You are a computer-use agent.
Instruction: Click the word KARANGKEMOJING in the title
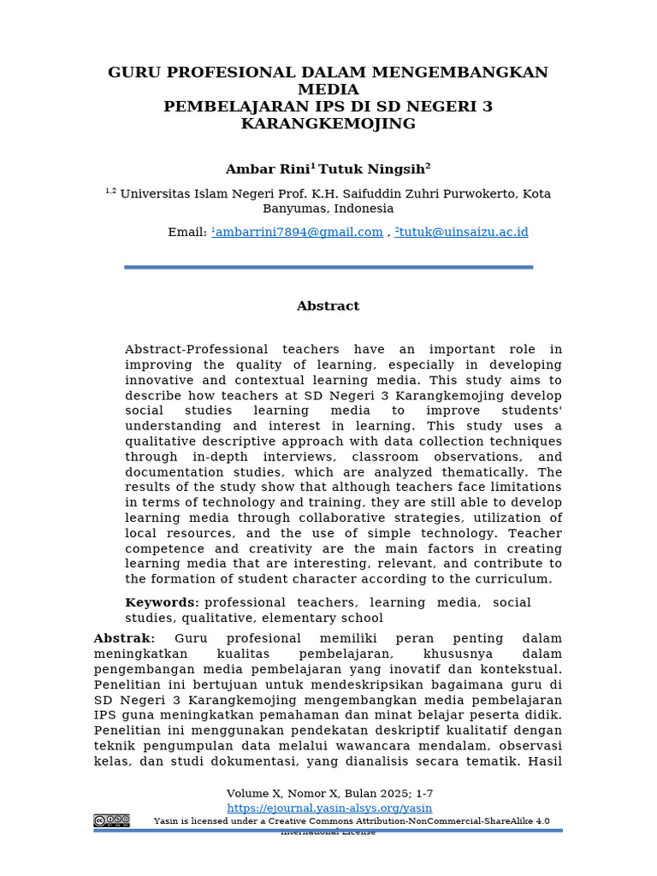[x=328, y=123]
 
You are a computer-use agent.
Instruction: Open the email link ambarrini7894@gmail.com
[x=299, y=233]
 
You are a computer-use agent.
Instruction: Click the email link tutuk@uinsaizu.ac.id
[x=463, y=233]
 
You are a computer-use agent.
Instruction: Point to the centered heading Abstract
[x=328, y=306]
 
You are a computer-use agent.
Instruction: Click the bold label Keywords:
[x=163, y=602]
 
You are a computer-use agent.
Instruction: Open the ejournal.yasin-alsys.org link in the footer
[x=329, y=808]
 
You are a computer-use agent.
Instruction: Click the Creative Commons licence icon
[x=111, y=821]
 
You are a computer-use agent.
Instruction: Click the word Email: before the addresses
[x=187, y=233]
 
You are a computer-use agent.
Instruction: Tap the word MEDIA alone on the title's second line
[x=328, y=90]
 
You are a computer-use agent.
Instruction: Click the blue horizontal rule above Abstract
[x=328, y=268]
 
